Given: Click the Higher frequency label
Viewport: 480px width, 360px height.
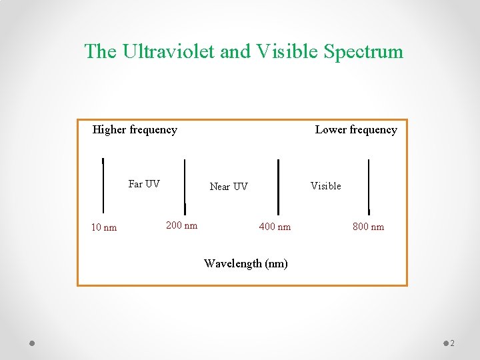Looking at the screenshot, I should point(135,129).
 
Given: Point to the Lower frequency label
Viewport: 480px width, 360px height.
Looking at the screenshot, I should point(356,129).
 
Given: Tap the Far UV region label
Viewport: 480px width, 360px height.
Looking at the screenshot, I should point(144,184).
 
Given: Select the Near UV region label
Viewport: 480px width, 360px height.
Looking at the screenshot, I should point(229,187).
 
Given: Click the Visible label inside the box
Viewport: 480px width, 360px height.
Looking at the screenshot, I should point(326,186).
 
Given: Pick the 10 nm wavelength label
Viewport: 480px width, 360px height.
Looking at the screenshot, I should point(104,227).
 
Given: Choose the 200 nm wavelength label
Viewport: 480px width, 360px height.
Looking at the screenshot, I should point(181,225).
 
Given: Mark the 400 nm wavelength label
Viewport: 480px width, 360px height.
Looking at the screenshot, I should point(275,227).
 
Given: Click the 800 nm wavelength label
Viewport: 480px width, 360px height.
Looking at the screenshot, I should point(368,227).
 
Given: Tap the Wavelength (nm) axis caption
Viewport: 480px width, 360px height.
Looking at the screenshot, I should point(246,263).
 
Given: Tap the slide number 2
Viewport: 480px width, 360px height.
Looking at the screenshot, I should point(452,343).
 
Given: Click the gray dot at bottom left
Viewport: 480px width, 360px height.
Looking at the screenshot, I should point(32,343).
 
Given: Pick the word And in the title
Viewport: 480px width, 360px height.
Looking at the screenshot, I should point(235,51).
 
